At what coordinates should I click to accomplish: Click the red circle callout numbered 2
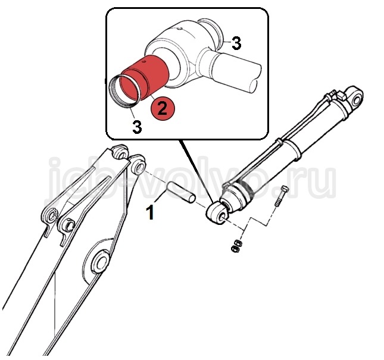pos(163,108)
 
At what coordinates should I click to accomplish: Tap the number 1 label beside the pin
pos(150,212)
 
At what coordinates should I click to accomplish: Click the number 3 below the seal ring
pos(137,126)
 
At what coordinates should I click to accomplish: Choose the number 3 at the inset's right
pos(236,43)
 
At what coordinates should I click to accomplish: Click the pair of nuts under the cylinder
pos(237,246)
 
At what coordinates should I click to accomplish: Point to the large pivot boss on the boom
pos(99,262)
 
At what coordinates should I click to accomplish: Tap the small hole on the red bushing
pos(144,62)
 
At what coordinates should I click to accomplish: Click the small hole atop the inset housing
pos(180,29)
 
